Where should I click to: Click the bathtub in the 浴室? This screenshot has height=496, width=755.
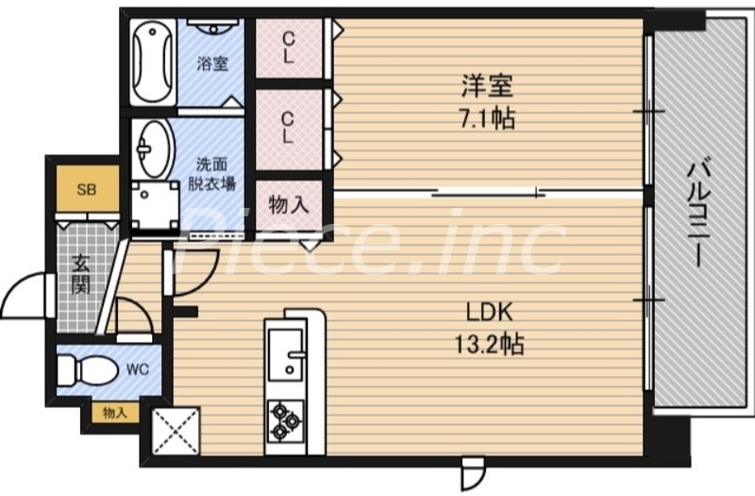(152, 62)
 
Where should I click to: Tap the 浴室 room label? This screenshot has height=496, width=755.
(212, 64)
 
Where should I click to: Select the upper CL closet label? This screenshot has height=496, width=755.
(288, 46)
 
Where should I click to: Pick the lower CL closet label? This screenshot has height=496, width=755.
(288, 127)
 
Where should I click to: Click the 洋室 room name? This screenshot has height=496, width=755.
(487, 88)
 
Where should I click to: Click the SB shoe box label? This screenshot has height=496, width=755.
(86, 190)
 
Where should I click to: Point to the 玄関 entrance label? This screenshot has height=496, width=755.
(79, 274)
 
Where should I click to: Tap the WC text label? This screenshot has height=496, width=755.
(138, 368)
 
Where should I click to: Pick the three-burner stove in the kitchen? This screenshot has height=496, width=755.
(284, 419)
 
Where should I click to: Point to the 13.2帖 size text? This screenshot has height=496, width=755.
(488, 344)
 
